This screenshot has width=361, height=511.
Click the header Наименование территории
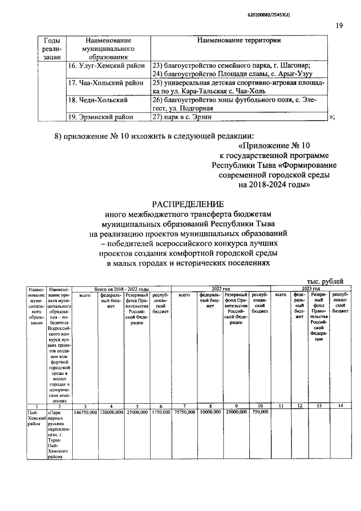tap(239, 41)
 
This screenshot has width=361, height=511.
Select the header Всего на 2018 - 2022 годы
tap(121, 289)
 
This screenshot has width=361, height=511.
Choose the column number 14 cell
tap(340, 406)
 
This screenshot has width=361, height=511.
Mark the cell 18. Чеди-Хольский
tap(98, 100)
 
